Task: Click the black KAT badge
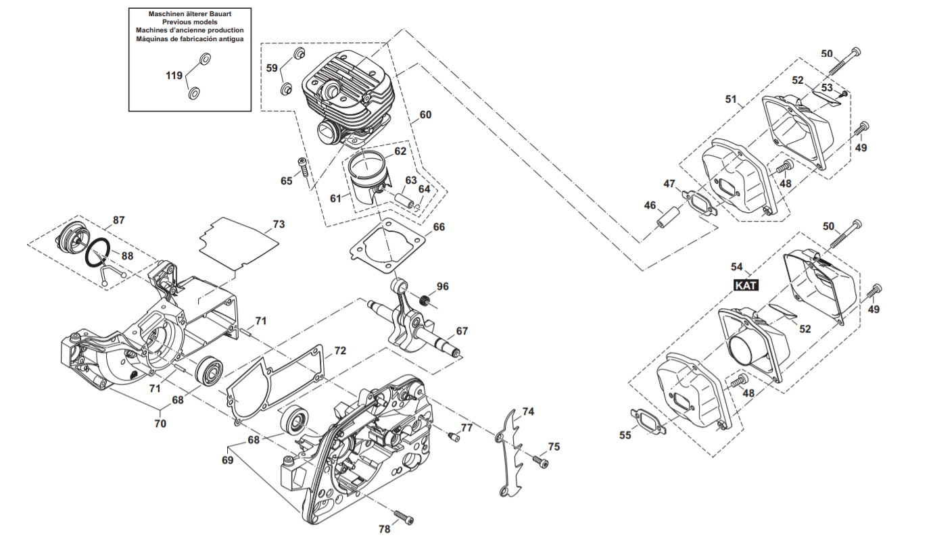coord(746,285)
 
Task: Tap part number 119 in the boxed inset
coord(174,75)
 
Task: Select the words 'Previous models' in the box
coord(190,22)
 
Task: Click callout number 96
coord(442,287)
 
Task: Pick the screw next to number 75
coord(541,462)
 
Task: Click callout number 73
coord(279,224)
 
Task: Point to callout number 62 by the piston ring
coord(400,151)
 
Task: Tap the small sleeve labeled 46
coord(668,217)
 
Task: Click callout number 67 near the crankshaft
coord(462,331)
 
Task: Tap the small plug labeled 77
coord(454,437)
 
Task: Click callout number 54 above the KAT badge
coord(737,267)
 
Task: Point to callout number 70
coord(160,424)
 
